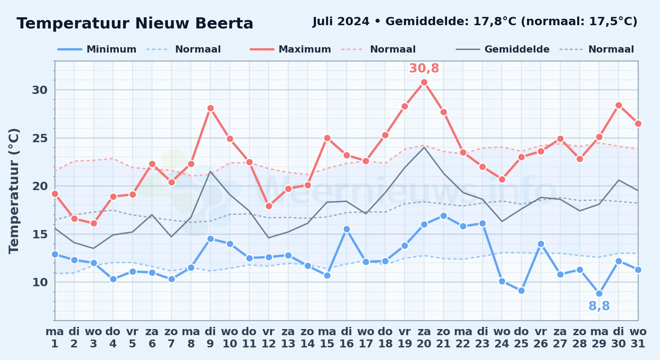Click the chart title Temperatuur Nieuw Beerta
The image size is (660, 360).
pyautogui.click(x=135, y=23)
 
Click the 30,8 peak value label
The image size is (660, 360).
pyautogui.click(x=424, y=68)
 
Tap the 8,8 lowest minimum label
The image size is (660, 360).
pyautogui.click(x=599, y=306)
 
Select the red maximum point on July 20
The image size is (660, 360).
pyautogui.click(x=424, y=82)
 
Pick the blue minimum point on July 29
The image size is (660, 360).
pyautogui.click(x=599, y=293)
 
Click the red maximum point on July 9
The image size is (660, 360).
pyautogui.click(x=210, y=108)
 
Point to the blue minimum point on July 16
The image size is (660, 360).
pyautogui.click(x=347, y=229)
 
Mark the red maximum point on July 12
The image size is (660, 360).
pyautogui.click(x=269, y=206)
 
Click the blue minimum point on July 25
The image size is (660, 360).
pyautogui.click(x=521, y=291)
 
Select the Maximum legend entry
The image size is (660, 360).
pyautogui.click(x=290, y=49)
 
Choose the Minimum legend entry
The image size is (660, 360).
pyautogui.click(x=97, y=49)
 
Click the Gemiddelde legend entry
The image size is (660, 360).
pyautogui.click(x=503, y=49)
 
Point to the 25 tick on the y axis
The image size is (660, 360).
pyautogui.click(x=40, y=138)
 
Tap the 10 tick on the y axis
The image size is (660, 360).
pyautogui.click(x=40, y=282)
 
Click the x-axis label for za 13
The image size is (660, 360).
pyautogui.click(x=288, y=338)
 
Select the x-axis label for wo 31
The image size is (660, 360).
pyautogui.click(x=638, y=338)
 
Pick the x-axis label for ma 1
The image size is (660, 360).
pyautogui.click(x=55, y=338)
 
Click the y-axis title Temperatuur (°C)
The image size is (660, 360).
pyautogui.click(x=14, y=191)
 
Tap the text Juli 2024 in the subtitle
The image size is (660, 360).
pyautogui.click(x=341, y=22)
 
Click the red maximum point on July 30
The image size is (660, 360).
pyautogui.click(x=619, y=105)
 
